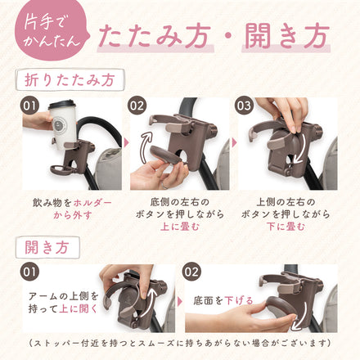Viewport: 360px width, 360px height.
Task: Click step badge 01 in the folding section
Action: tap(30, 106)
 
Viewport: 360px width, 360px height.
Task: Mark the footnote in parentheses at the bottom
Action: tap(180, 343)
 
